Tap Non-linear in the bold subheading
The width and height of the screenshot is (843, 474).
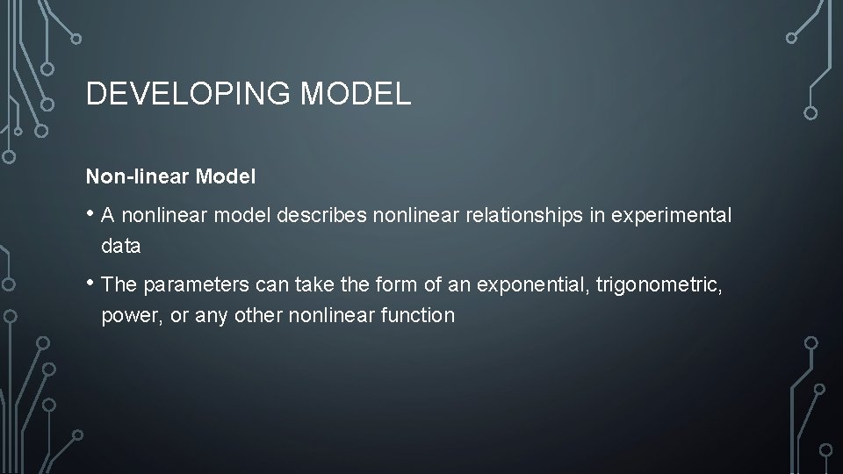138,176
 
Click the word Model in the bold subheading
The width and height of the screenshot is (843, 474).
226,176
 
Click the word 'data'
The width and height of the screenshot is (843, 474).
120,247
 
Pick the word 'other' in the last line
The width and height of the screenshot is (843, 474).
257,315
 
